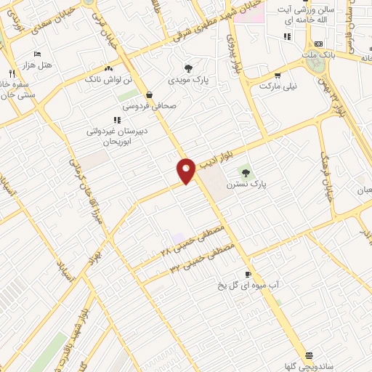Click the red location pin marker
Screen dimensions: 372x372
point(186,170)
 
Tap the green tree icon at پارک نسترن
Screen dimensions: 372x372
point(245,172)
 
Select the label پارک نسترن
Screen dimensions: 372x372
point(246,185)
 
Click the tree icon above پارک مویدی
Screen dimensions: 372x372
point(189,67)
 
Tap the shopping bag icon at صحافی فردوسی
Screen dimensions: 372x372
point(149,94)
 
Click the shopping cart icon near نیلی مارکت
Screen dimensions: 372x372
point(277,75)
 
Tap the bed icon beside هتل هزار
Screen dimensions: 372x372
point(38,54)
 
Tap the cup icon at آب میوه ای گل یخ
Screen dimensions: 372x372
point(248,274)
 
